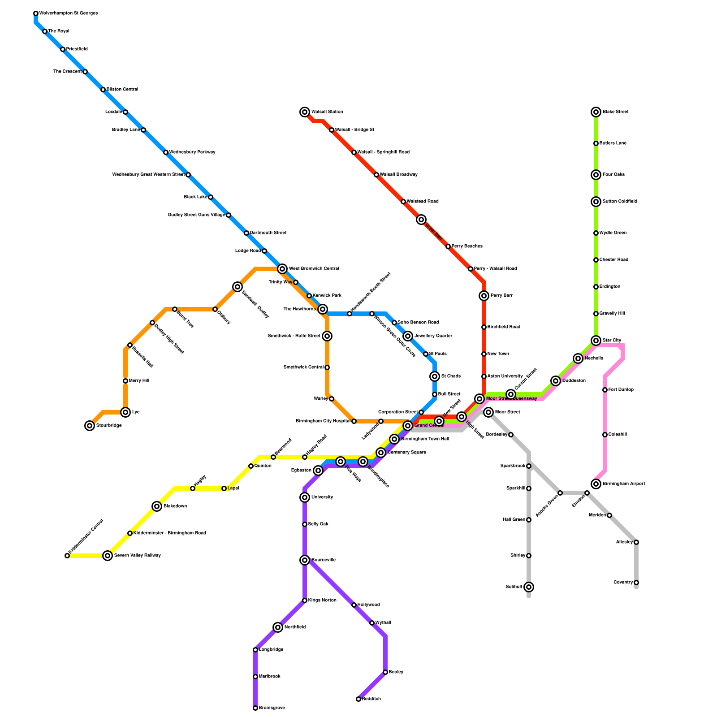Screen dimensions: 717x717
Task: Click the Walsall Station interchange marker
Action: click(305, 112)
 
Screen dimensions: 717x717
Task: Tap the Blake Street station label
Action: click(615, 112)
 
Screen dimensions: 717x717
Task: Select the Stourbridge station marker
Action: click(90, 426)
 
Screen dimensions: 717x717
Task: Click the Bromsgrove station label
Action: click(272, 708)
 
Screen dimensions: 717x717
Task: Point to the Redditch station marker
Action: click(358, 699)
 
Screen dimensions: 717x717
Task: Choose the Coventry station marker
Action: click(636, 583)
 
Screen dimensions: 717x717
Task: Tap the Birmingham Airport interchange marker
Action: click(596, 484)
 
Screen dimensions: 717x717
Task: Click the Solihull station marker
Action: click(529, 587)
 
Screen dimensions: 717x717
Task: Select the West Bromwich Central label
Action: click(314, 269)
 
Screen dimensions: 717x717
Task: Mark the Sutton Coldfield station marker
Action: click(596, 202)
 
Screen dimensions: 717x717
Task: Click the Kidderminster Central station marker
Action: click(67, 556)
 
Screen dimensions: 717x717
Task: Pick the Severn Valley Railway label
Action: click(137, 556)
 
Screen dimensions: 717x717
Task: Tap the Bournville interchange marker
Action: click(305, 560)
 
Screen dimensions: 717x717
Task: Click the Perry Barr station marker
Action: click(484, 296)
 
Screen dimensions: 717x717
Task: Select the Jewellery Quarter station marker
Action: click(408, 336)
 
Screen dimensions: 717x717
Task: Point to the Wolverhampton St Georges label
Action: click(68, 13)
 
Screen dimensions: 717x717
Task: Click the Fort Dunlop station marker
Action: click(605, 390)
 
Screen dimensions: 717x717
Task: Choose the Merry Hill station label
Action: click(139, 381)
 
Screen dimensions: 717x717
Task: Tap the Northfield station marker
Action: click(278, 627)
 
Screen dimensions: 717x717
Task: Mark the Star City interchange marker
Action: click(596, 341)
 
